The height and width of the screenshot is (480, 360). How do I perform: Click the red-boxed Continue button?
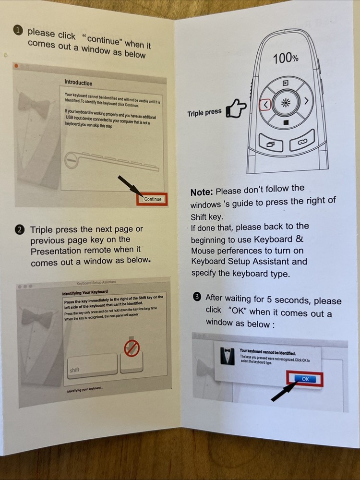tap(152, 199)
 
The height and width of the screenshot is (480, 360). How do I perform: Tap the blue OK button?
tap(305, 379)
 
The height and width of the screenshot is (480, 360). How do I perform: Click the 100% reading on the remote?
tap(286, 59)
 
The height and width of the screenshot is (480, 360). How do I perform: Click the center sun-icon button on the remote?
tap(286, 103)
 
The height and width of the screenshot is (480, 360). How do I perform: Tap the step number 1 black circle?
tap(18, 31)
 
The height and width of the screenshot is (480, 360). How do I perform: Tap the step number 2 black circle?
tap(20, 230)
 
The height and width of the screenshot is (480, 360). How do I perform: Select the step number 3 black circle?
tap(197, 297)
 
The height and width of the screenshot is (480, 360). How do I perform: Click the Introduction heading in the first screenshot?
tap(78, 83)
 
